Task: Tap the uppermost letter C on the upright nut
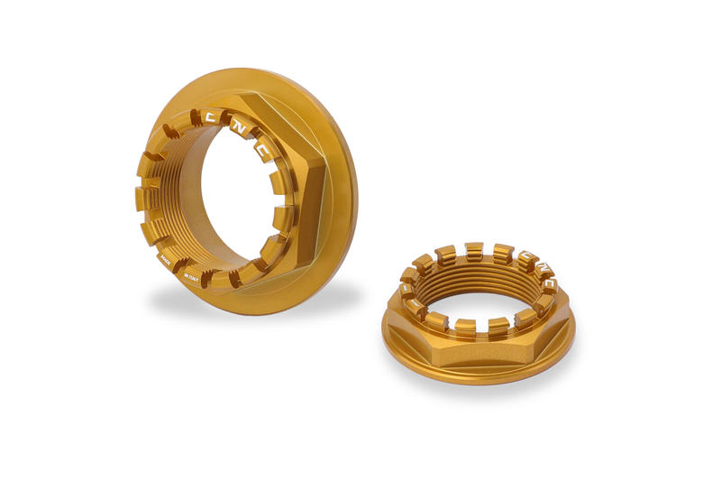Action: click(x=211, y=117)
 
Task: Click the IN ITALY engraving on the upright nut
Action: click(x=191, y=276)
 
